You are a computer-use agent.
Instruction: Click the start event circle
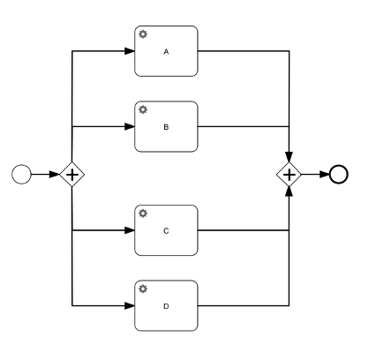coord(22,175)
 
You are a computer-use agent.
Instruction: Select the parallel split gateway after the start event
coord(72,175)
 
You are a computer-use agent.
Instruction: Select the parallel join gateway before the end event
coord(290,175)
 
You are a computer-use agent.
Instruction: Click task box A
coord(166,51)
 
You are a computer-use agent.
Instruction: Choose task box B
coord(166,126)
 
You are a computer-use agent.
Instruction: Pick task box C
coord(166,230)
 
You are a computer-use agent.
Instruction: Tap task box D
coord(166,305)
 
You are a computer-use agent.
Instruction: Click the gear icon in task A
coord(143,34)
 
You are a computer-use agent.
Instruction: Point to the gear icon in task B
coord(143,110)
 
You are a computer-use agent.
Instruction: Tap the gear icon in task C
coord(143,214)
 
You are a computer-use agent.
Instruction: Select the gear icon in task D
coord(143,289)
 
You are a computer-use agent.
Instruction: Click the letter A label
coord(166,52)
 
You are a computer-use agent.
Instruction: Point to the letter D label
coord(166,306)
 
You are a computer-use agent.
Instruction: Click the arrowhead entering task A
coord(130,51)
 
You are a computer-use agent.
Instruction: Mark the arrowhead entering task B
coord(130,126)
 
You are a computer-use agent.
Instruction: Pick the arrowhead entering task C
coord(130,230)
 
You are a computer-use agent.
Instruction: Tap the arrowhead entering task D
coord(130,305)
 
